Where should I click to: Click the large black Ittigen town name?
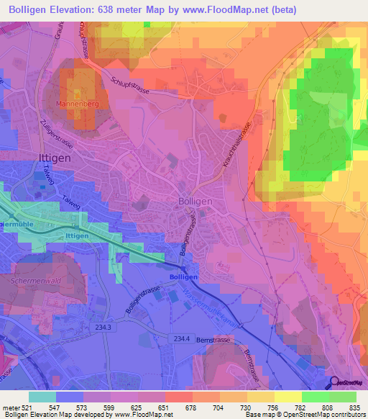[x=52, y=157]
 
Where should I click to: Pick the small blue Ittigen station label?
[x=77, y=235]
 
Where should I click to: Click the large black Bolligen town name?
[x=195, y=202]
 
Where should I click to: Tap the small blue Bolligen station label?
[x=183, y=276]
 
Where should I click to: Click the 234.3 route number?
[x=103, y=328]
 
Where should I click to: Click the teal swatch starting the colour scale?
[x=42, y=396]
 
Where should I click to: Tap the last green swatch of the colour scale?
[x=343, y=396]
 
